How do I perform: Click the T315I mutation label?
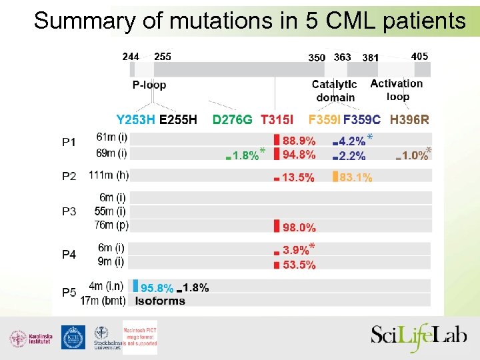(x=277, y=120)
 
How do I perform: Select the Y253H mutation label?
(x=136, y=120)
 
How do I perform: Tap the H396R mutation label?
(x=409, y=120)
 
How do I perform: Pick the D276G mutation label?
(x=232, y=120)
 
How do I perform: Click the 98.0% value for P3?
(x=299, y=227)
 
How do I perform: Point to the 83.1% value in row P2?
(x=356, y=178)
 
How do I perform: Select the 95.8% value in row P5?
(x=157, y=289)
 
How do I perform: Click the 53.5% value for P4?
(x=299, y=265)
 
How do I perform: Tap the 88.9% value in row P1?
(x=299, y=141)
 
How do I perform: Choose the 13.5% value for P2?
(x=299, y=178)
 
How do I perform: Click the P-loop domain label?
(x=149, y=85)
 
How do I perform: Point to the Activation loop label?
(x=397, y=90)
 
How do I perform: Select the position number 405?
(x=420, y=57)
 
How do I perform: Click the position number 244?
(x=131, y=57)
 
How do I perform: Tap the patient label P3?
(x=69, y=211)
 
